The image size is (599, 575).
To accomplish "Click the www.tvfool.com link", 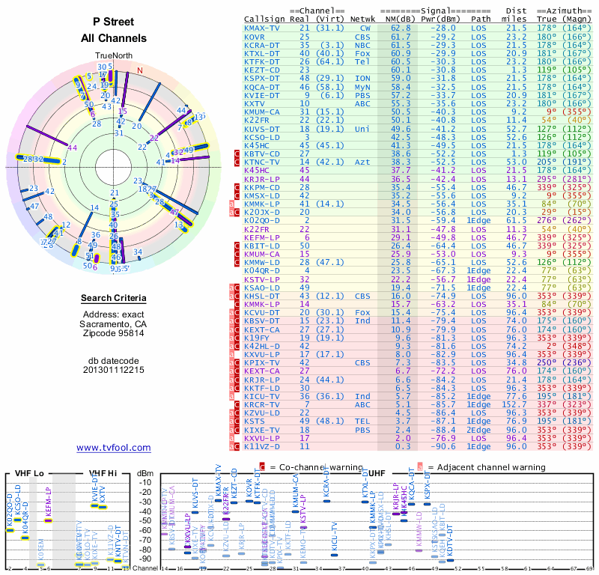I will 114,448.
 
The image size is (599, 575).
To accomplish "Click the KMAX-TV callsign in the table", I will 262,28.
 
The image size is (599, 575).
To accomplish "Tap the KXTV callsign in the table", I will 255,103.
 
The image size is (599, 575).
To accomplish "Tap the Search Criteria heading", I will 114,299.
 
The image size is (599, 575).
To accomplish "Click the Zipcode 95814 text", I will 114,333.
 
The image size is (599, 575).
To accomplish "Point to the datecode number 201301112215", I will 114,369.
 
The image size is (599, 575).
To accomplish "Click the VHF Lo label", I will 28,473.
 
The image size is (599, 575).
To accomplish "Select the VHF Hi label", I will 104,473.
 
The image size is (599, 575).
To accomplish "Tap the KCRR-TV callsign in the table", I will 262,404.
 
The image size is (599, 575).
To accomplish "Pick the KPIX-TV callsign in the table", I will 262,362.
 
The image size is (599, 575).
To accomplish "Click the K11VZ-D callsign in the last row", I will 262,446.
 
